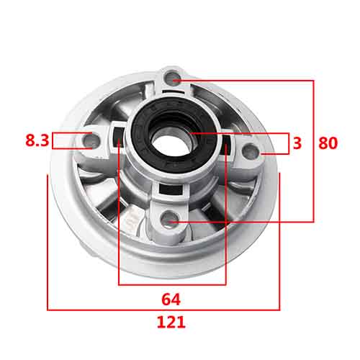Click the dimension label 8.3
point(37,140)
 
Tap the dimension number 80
point(328,143)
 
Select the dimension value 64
point(171,300)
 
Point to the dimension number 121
point(171,322)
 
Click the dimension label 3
point(297,143)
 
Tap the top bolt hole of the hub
point(173,78)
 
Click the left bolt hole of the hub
point(91,141)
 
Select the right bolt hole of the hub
point(251,151)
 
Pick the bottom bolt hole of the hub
point(169,219)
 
